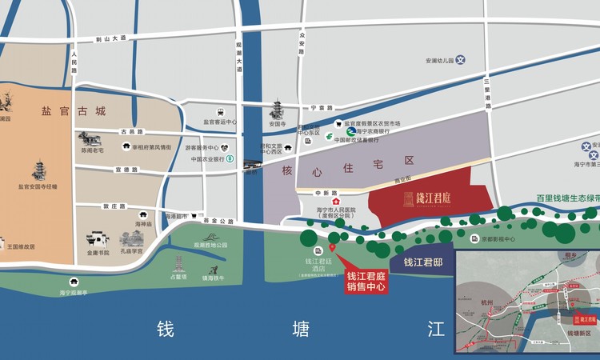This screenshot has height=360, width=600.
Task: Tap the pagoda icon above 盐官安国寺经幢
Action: click(38, 170)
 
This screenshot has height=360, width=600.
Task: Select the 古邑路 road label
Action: click(132, 131)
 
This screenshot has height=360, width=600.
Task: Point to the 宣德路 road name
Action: click(126, 170)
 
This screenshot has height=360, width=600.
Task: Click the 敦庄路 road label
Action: click(115, 206)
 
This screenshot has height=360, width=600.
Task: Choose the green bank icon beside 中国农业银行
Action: click(230, 159)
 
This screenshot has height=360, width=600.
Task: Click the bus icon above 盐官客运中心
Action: click(219, 113)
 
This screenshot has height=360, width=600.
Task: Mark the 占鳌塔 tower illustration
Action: click(178, 263)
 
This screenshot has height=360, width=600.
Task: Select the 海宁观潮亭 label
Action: click(78, 293)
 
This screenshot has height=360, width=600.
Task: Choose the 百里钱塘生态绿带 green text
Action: click(567, 196)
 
